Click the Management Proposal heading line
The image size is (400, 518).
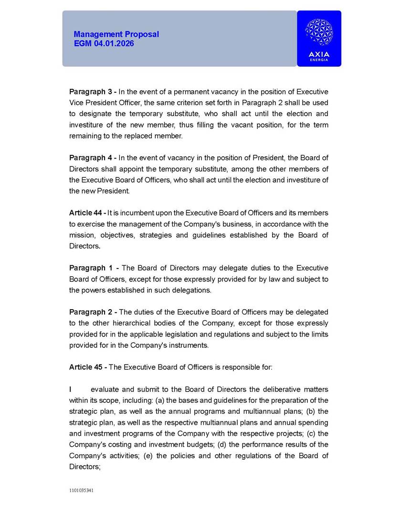116,34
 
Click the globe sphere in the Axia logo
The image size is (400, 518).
319,32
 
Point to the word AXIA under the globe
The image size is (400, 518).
319,54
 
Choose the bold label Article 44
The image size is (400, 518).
86,213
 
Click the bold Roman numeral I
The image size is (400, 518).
71,389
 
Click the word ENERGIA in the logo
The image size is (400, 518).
319,61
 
